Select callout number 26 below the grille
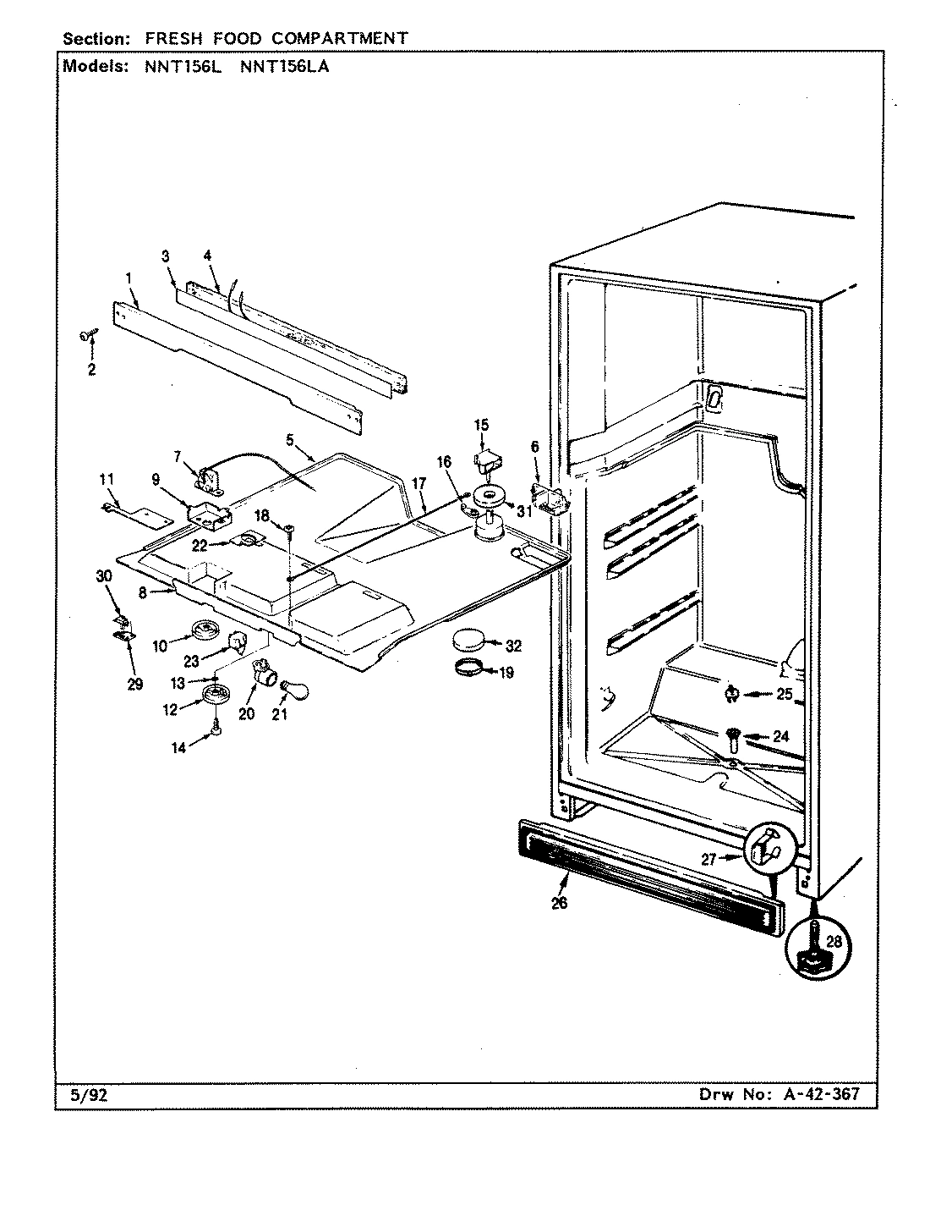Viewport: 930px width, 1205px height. [x=559, y=903]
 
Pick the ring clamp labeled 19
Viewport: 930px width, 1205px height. [x=469, y=671]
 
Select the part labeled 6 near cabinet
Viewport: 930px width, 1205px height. [x=548, y=498]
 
